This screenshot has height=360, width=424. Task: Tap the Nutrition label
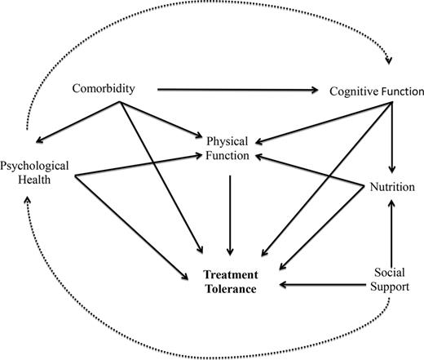click(x=393, y=186)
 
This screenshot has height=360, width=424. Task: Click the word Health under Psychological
click(x=35, y=180)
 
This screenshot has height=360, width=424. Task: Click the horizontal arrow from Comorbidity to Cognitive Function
click(x=236, y=88)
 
